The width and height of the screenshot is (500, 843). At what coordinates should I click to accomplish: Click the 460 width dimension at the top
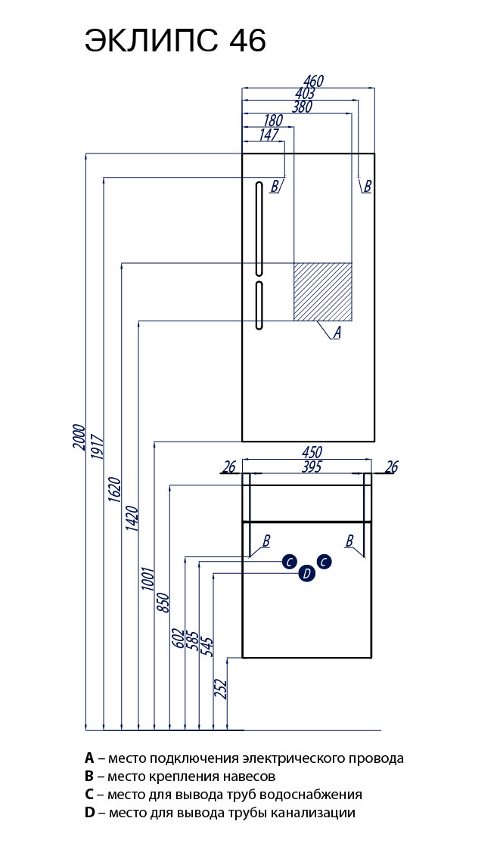coord(313,81)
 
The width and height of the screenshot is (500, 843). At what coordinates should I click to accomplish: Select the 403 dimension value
coord(305,93)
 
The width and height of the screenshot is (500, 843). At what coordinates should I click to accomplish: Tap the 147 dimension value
coord(269,135)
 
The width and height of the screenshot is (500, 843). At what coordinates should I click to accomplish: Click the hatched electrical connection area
coord(323,291)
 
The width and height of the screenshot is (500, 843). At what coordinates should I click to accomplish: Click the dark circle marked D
coord(306,574)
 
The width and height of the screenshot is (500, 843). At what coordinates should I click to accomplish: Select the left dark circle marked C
coord(288,561)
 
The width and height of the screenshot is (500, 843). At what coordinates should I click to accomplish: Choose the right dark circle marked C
coord(324,561)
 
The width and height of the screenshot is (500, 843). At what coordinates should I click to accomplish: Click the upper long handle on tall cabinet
coord(259,228)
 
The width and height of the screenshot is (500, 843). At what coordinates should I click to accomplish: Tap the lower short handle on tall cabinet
coord(259,305)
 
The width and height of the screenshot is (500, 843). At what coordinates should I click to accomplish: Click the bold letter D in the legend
coord(90,814)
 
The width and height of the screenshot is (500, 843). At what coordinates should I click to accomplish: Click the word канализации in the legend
coord(318,814)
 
